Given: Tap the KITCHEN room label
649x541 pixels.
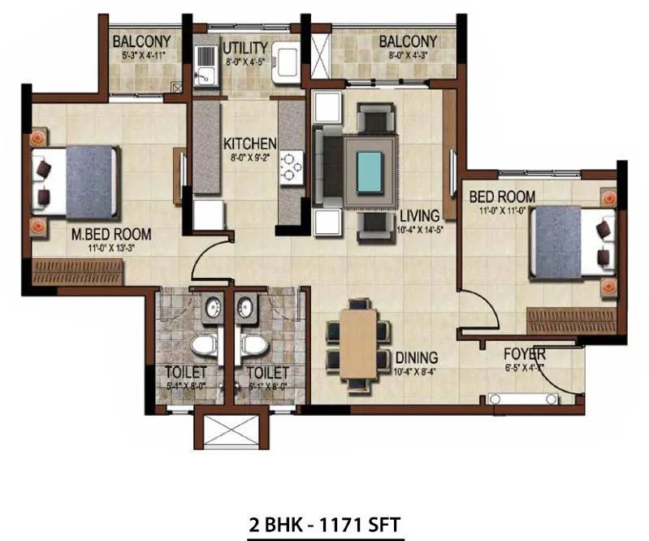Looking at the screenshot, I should click(250, 144).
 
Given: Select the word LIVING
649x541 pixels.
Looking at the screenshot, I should click(419, 215).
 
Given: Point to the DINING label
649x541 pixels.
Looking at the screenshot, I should click(417, 357).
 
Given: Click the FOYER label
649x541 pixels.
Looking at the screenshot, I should click(524, 355).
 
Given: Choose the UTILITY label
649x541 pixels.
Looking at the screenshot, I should click(246, 46).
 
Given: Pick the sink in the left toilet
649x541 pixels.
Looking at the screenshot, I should click(212, 308).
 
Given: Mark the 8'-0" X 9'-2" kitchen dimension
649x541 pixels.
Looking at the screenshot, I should click(250, 158).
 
